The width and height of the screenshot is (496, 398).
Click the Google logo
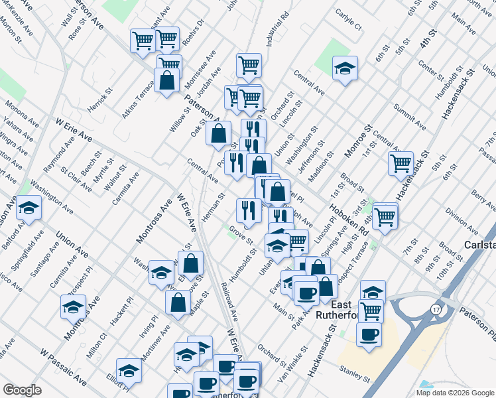[x=22, y=390]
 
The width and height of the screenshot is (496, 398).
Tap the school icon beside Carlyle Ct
[x=345, y=68]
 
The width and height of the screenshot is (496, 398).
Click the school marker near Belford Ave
[x=29, y=208]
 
